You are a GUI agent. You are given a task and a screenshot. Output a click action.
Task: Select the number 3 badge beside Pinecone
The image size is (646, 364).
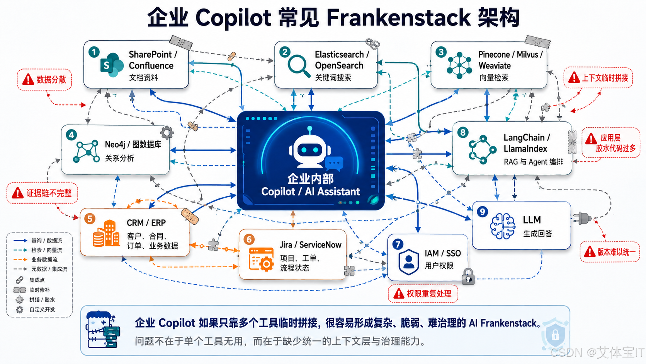(441, 52)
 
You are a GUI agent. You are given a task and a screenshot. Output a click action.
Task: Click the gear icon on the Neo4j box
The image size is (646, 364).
(167, 133)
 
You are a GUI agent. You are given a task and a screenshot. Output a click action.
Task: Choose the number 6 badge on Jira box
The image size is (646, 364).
(249, 239)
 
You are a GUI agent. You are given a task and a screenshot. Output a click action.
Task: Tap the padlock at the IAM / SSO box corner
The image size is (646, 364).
(468, 276)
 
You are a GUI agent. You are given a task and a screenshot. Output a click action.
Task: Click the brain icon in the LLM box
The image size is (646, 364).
(503, 226)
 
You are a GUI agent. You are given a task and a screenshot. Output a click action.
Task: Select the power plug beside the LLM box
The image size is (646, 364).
(582, 219)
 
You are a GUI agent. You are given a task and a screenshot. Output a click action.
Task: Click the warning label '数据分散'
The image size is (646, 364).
(44, 79)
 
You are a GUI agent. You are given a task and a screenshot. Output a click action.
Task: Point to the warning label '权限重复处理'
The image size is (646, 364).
(423, 294)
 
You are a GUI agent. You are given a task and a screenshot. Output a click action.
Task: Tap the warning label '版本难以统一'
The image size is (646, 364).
(610, 252)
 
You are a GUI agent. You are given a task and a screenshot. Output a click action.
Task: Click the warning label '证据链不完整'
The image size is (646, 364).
(42, 193)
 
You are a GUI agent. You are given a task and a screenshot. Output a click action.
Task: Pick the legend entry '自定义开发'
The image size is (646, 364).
(35, 309)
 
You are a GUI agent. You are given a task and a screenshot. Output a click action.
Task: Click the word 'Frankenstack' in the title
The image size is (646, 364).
(398, 18)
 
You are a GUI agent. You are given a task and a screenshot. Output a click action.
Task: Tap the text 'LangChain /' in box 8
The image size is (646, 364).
(527, 138)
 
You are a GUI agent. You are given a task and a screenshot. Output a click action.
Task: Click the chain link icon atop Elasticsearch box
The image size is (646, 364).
(372, 44)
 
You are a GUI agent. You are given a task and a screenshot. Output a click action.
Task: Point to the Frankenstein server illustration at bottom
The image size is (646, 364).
(103, 329)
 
